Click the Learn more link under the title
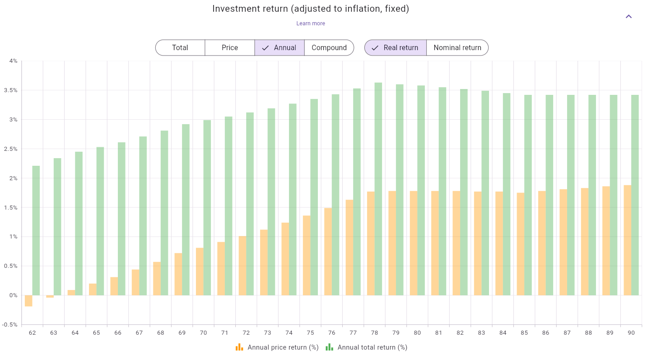311,23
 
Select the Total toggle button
180,48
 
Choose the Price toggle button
230,48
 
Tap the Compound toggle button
329,48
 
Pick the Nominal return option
457,48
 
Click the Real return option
396,48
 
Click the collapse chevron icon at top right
629,17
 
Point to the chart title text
311,9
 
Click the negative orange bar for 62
28,301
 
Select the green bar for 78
378,189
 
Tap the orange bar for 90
628,240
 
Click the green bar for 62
36,230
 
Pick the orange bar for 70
200,271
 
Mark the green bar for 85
528,195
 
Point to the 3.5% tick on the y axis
11,90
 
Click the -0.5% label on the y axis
10,325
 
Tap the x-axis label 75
310,333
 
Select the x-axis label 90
631,333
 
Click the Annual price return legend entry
277,347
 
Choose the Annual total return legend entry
367,347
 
